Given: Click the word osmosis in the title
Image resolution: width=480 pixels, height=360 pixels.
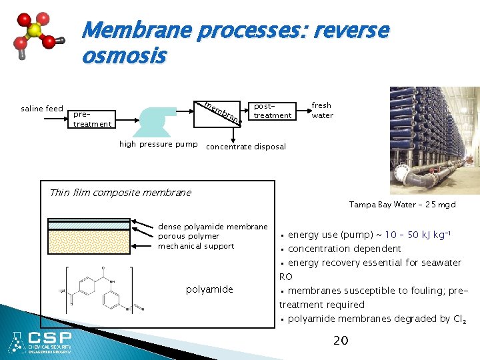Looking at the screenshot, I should click(123, 57).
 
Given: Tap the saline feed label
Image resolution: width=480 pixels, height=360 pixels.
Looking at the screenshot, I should click(42, 109).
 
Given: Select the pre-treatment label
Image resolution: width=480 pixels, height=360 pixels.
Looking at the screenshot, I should click(92, 119).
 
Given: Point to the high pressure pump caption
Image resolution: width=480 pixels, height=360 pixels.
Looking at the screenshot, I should click(158, 144).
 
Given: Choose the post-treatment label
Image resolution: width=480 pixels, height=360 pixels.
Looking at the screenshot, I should click(273, 111).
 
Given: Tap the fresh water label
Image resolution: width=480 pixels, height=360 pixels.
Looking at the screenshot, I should click(322, 110).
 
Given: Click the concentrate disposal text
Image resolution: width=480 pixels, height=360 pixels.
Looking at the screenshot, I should click(246, 147).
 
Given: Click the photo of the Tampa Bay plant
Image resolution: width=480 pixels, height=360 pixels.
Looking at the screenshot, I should click(434, 140).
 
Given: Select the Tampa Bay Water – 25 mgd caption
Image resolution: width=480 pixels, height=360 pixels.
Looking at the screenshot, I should click(402, 205).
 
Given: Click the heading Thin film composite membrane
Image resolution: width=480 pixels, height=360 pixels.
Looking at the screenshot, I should click(120, 193).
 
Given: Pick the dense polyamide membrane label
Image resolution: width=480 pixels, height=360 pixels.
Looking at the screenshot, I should click(213, 227).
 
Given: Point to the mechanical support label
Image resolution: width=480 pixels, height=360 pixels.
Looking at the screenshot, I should click(196, 246).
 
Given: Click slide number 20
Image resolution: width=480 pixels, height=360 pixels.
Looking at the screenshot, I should click(340, 341).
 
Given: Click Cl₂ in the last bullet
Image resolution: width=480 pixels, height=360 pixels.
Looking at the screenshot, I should click(459, 319).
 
